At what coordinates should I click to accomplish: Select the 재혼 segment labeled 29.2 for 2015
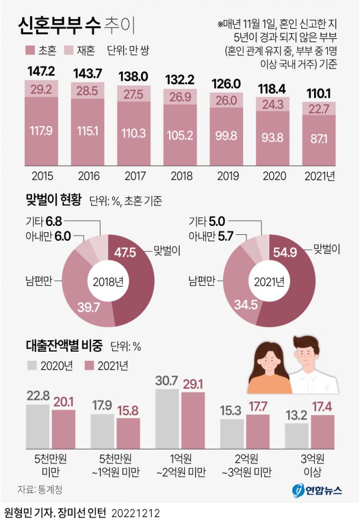pos(41,88)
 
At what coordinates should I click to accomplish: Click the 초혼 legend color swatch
pos(30,51)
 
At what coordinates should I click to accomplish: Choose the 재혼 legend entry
pos(80,51)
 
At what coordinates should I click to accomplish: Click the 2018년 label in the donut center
pos(107,281)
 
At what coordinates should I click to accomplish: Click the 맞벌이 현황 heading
pos(53,200)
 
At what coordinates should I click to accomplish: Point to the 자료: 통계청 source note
pos(40,490)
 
